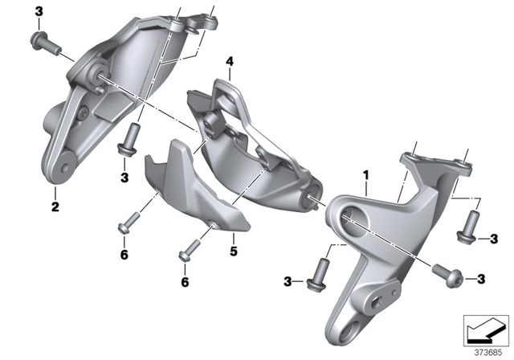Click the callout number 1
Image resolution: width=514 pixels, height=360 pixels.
[x=365, y=174]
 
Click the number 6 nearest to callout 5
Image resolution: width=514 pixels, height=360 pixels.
[x=185, y=282]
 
